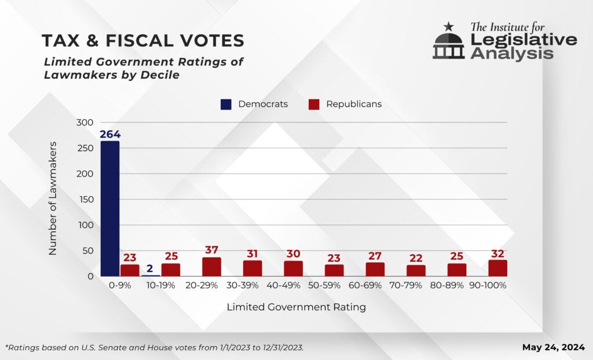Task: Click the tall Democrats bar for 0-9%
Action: tap(109, 208)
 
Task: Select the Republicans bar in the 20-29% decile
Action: tap(211, 267)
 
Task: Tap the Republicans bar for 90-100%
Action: tap(497, 268)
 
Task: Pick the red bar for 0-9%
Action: tap(130, 270)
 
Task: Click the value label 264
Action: tap(109, 134)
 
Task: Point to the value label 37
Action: tap(211, 250)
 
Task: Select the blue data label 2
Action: tap(149, 268)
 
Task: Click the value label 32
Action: tap(497, 253)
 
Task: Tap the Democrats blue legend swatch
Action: tap(226, 104)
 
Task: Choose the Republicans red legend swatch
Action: tap(314, 104)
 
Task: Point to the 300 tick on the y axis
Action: tap(85, 123)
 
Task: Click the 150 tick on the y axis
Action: tap(85, 200)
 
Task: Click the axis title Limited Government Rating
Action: tap(296, 307)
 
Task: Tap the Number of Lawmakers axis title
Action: tap(53, 199)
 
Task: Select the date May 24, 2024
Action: tap(554, 347)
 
